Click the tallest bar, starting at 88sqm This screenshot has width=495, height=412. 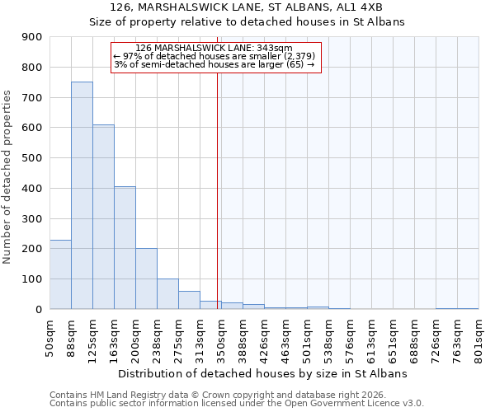82,195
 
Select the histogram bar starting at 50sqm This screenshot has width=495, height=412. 60,274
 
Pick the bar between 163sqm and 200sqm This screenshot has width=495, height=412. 125,247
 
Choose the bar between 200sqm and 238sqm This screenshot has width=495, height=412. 146,279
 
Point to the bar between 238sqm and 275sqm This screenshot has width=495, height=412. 167,294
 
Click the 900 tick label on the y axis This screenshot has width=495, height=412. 32,37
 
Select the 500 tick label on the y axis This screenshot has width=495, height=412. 32,158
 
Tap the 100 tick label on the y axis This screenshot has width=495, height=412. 32,279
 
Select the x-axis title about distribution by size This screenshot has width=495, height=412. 263,373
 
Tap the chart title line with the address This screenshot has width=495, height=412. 246,7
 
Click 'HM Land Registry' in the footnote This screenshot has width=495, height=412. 124,396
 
